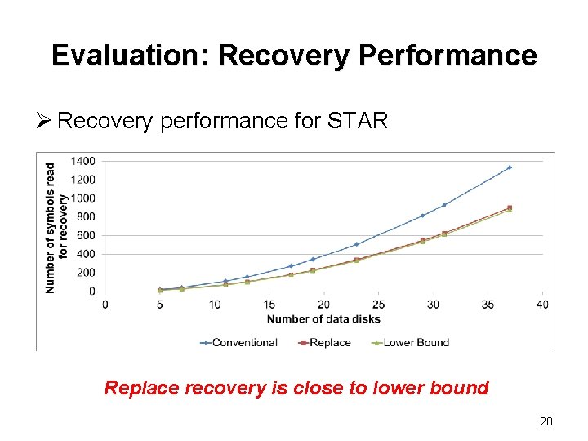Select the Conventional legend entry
[x=238, y=342]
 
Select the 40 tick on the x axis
[x=543, y=305]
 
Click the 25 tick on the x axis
[x=378, y=305]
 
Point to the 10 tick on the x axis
[x=214, y=305]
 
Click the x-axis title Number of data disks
[x=323, y=318]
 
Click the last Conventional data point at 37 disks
[x=510, y=167]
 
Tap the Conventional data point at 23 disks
[x=356, y=244]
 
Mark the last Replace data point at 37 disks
[x=510, y=207]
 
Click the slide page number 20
[x=546, y=421]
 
